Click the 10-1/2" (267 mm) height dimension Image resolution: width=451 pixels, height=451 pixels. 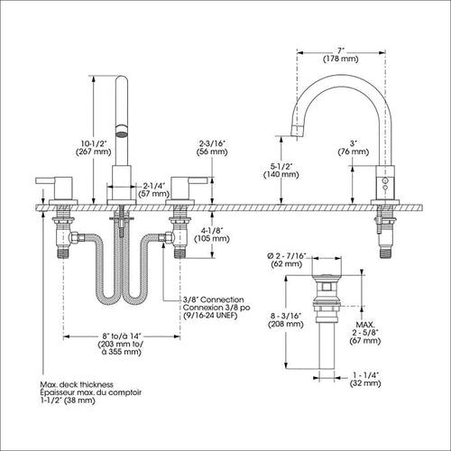click(x=93, y=147)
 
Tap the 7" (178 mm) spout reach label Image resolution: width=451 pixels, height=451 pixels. click(x=341, y=55)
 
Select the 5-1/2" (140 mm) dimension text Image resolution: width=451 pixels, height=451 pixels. click(x=281, y=170)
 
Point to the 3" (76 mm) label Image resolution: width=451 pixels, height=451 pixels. click(x=354, y=147)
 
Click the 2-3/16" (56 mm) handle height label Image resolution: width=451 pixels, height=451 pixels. click(x=212, y=147)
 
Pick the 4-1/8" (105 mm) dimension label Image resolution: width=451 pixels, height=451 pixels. click(x=212, y=235)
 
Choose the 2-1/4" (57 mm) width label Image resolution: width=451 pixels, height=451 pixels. click(x=154, y=189)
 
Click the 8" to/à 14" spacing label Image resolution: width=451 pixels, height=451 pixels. click(x=122, y=344)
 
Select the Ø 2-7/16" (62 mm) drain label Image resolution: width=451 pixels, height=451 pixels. click(x=287, y=260)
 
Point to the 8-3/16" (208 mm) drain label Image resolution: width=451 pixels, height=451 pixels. click(x=286, y=320)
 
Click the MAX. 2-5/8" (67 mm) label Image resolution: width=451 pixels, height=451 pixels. click(x=365, y=333)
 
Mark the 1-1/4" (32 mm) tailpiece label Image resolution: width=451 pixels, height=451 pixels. click(x=365, y=379)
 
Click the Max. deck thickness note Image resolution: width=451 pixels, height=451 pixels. click(x=90, y=392)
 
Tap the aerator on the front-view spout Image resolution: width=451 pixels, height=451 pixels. click(x=122, y=131)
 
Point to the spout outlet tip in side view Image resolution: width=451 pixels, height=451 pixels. click(x=297, y=132)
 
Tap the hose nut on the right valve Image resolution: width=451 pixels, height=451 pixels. click(x=166, y=237)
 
